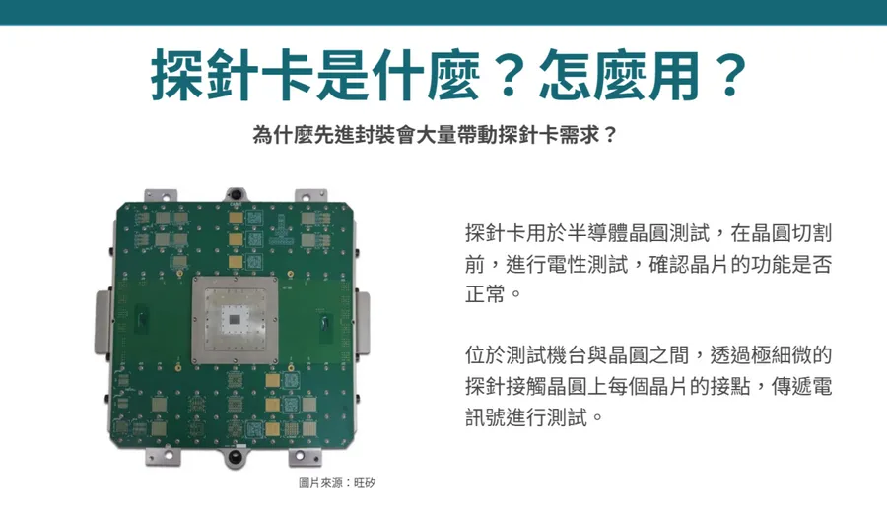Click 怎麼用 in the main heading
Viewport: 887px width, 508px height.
tap(620, 75)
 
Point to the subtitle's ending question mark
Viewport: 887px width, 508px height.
tap(610, 135)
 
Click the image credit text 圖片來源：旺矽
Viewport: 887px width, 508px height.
tap(337, 483)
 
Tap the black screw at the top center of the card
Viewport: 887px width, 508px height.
tap(235, 193)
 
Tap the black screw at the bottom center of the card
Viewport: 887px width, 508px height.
tap(237, 456)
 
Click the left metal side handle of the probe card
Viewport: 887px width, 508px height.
tap(102, 323)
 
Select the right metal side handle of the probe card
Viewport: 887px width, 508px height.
tap(363, 323)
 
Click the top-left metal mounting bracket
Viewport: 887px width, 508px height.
tap(161, 196)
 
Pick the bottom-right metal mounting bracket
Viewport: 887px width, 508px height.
tap(305, 457)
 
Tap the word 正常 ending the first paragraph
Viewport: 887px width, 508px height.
tap(485, 293)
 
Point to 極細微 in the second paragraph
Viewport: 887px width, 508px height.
tap(781, 354)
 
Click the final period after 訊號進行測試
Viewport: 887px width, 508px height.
tap(597, 419)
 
